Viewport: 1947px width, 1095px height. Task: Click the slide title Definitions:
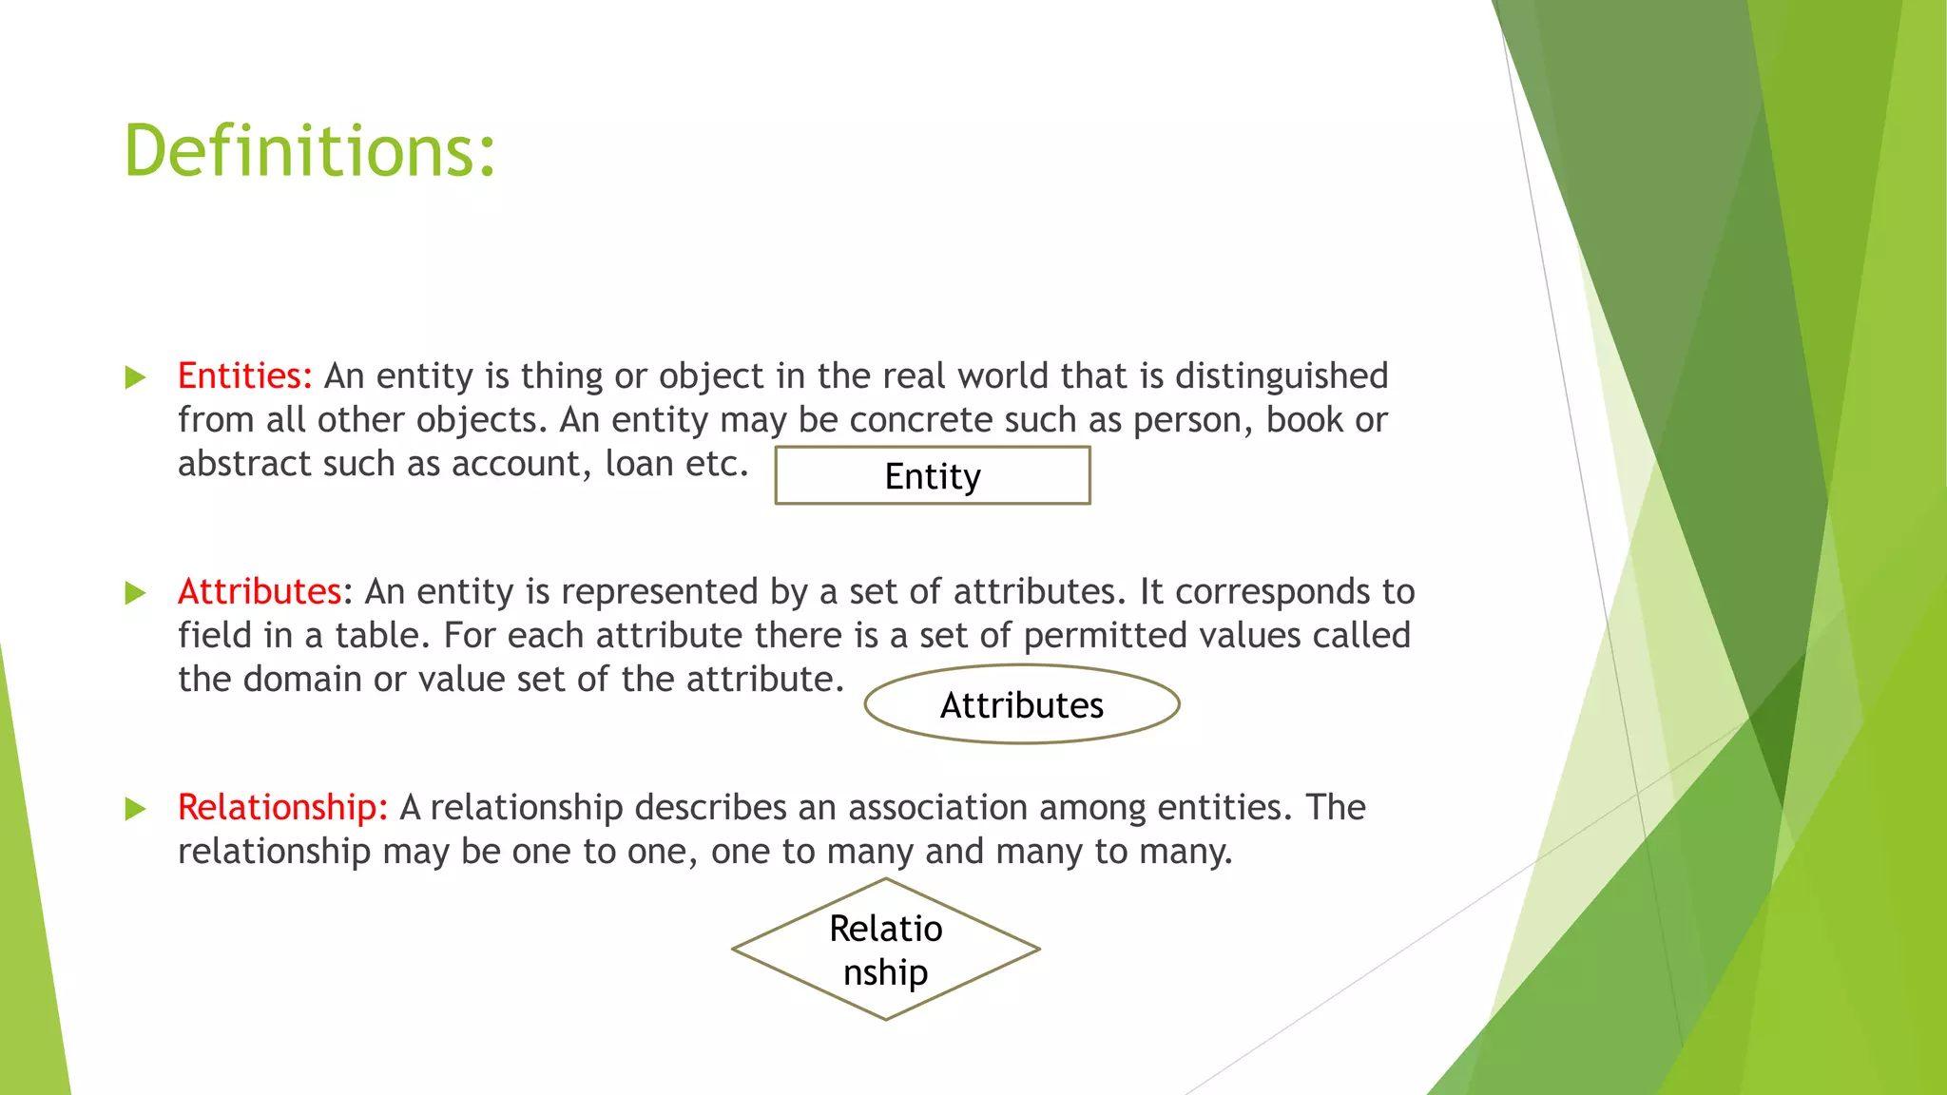pyautogui.click(x=310, y=152)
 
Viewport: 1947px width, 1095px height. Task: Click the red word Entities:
pyautogui.click(x=244, y=376)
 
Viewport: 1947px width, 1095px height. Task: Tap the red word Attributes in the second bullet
pyautogui.click(x=259, y=592)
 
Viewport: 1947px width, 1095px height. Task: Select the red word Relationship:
pyautogui.click(x=282, y=808)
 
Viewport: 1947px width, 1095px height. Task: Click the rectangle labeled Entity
pyautogui.click(x=933, y=475)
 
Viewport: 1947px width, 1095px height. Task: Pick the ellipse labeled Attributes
pyautogui.click(x=1022, y=705)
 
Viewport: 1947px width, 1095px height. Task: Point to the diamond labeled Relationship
pyautogui.click(x=886, y=950)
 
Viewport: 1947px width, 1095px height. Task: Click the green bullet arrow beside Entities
pyautogui.click(x=136, y=378)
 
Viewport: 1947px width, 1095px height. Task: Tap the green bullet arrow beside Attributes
pyautogui.click(x=136, y=594)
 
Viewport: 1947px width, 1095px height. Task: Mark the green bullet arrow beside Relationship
pyautogui.click(x=136, y=810)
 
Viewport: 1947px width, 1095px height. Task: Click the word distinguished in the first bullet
pyautogui.click(x=1282, y=377)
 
